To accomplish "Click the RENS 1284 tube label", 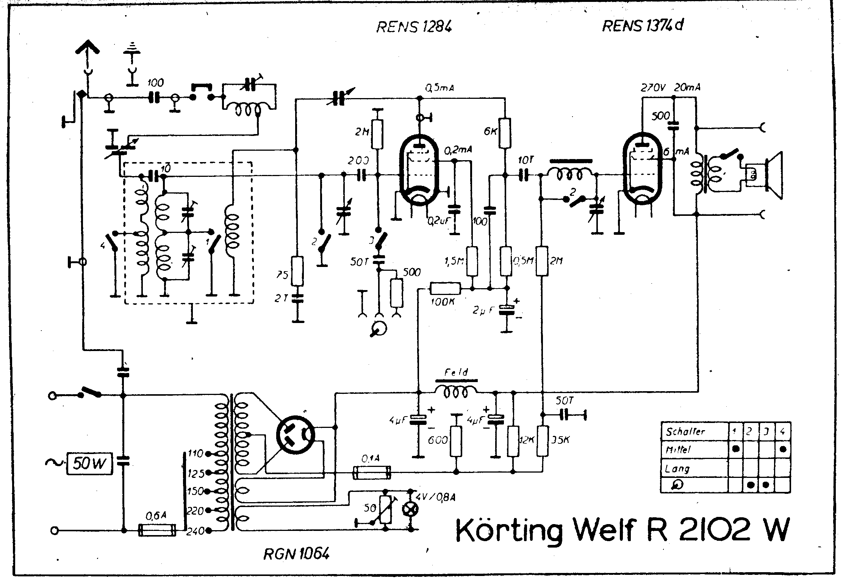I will (414, 27).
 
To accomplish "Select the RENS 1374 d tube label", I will (643, 25).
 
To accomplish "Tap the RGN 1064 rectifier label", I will (296, 554).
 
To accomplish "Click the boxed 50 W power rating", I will (89, 464).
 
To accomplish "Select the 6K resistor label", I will (490, 131).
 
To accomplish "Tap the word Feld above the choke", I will (456, 373).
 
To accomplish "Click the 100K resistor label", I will (443, 302).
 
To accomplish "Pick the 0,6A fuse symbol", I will (158, 530).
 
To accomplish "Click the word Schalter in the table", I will (685, 431).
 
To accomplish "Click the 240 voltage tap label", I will (196, 531).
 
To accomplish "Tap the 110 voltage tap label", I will (196, 453).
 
